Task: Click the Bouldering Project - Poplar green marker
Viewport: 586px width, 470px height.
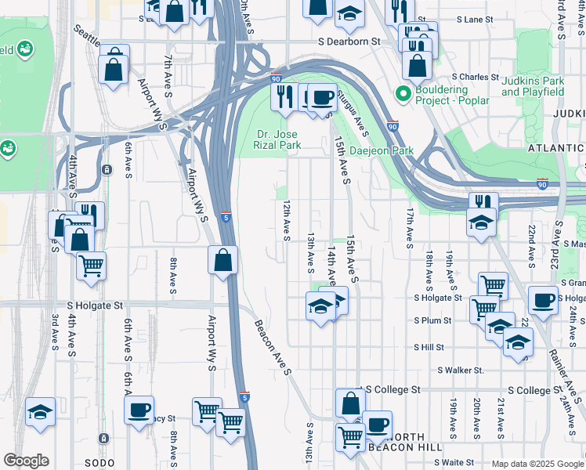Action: pyautogui.click(x=403, y=95)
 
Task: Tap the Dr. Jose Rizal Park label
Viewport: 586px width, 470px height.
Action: pyautogui.click(x=279, y=139)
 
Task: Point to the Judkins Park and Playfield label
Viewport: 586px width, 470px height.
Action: pyautogui.click(x=543, y=86)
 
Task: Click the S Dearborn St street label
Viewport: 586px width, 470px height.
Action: pyautogui.click(x=349, y=41)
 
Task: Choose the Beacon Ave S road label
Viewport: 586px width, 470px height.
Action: pyautogui.click(x=272, y=347)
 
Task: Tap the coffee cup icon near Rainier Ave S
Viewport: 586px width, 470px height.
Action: pyautogui.click(x=544, y=301)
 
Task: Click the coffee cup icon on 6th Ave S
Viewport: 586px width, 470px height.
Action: pyautogui.click(x=139, y=410)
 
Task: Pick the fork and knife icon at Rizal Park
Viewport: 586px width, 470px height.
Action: pyautogui.click(x=284, y=96)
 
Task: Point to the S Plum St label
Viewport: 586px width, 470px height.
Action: pyautogui.click(x=432, y=320)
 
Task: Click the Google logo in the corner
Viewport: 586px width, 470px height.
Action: pyautogui.click(x=26, y=461)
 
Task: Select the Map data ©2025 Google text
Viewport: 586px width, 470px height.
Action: pyautogui.click(x=537, y=464)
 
